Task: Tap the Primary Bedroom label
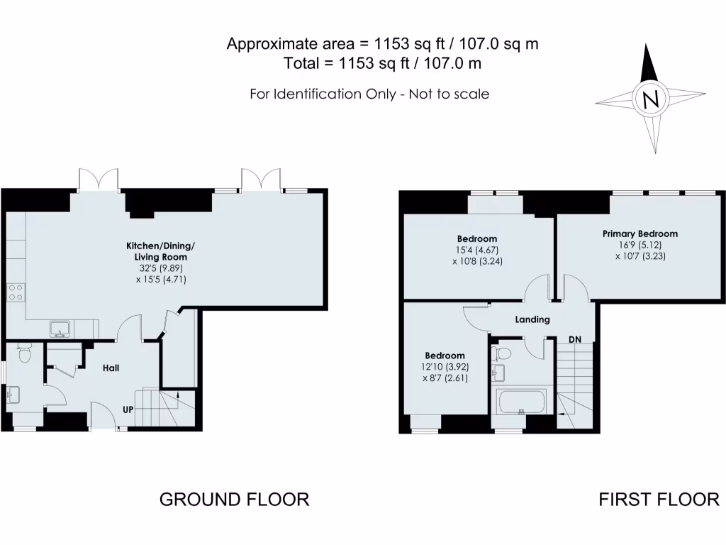click(640, 233)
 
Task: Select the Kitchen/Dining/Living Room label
click(160, 251)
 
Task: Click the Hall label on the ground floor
click(111, 368)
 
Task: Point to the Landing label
click(532, 319)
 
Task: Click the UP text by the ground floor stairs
click(129, 410)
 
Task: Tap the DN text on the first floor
click(575, 340)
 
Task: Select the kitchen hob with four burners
click(16, 292)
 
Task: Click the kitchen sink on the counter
click(60, 329)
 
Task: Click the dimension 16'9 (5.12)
click(640, 245)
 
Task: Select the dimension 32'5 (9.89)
click(160, 268)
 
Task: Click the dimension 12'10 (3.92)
click(445, 367)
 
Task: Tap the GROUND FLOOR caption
click(234, 500)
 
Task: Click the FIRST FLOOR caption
click(659, 500)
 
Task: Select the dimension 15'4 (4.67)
click(476, 250)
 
